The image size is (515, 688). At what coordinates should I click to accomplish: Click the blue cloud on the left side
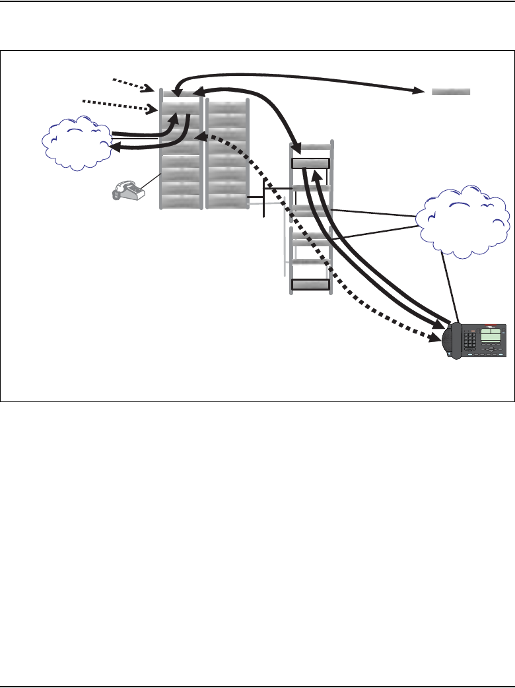(77, 143)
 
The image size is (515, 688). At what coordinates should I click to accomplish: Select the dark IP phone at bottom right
(475, 341)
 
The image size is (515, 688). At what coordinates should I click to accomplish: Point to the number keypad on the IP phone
(470, 340)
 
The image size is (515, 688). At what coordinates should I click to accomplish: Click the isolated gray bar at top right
(451, 91)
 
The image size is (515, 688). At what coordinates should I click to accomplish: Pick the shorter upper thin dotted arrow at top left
(133, 84)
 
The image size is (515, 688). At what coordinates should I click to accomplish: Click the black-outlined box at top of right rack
(310, 163)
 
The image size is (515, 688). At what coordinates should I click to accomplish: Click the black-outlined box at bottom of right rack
(310, 285)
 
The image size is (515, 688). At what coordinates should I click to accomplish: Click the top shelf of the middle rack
(226, 108)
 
